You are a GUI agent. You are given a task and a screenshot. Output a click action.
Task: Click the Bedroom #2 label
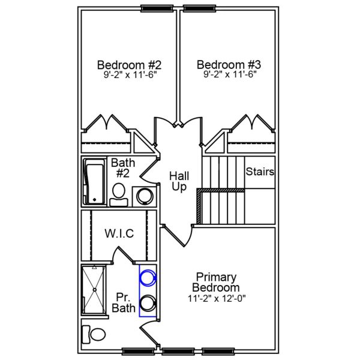(x=129, y=64)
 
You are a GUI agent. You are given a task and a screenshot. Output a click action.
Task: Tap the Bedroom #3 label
(x=228, y=64)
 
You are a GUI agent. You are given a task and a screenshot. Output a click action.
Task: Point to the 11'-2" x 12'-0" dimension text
(x=216, y=298)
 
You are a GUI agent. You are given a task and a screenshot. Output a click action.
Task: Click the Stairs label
(x=260, y=172)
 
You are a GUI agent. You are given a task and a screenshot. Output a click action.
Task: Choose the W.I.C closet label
(x=119, y=233)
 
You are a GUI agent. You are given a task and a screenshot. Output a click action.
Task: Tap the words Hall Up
(x=179, y=181)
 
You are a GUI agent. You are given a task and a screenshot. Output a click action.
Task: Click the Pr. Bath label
(x=123, y=302)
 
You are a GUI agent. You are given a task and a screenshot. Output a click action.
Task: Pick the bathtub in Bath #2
(x=94, y=181)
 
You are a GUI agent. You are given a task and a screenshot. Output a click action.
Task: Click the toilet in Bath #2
(x=119, y=194)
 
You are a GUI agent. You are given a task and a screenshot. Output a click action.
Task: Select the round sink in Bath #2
(x=145, y=196)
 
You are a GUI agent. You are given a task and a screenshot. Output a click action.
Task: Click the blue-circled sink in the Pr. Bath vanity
(x=147, y=278)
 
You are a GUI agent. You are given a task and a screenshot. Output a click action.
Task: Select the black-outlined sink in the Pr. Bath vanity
(x=147, y=302)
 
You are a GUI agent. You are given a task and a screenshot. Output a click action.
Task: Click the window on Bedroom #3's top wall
(x=200, y=9)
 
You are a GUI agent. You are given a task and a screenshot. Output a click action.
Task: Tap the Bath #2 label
(x=122, y=168)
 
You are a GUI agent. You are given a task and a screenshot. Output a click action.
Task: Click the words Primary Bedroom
(x=216, y=282)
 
